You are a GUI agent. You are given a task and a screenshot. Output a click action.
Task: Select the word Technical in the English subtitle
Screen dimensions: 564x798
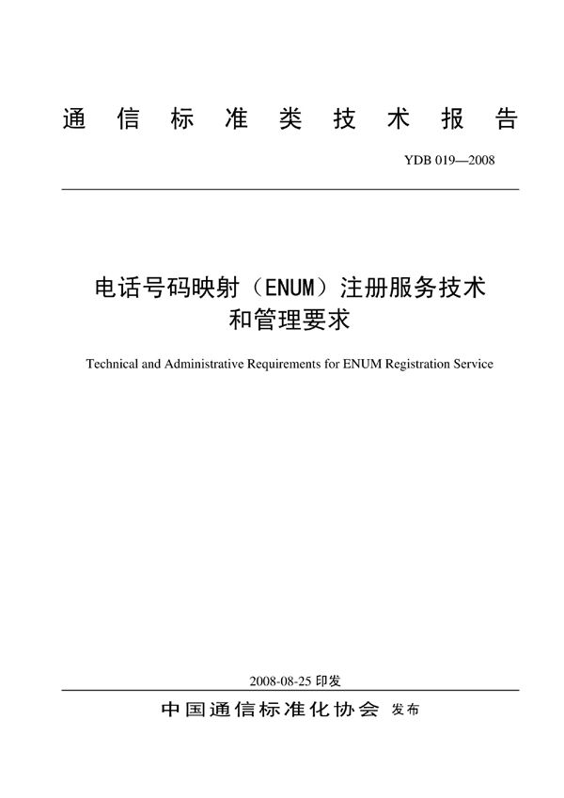click(112, 364)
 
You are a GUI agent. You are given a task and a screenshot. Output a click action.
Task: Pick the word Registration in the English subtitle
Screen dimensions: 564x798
click(416, 364)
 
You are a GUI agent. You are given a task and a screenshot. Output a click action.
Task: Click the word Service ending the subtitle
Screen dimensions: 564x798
click(474, 364)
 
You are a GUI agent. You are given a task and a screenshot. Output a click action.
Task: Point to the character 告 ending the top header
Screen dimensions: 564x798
click(505, 120)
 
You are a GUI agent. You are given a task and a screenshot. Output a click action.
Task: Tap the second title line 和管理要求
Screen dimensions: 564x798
click(290, 320)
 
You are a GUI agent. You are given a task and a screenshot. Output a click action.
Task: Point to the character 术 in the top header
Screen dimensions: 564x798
click(398, 120)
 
